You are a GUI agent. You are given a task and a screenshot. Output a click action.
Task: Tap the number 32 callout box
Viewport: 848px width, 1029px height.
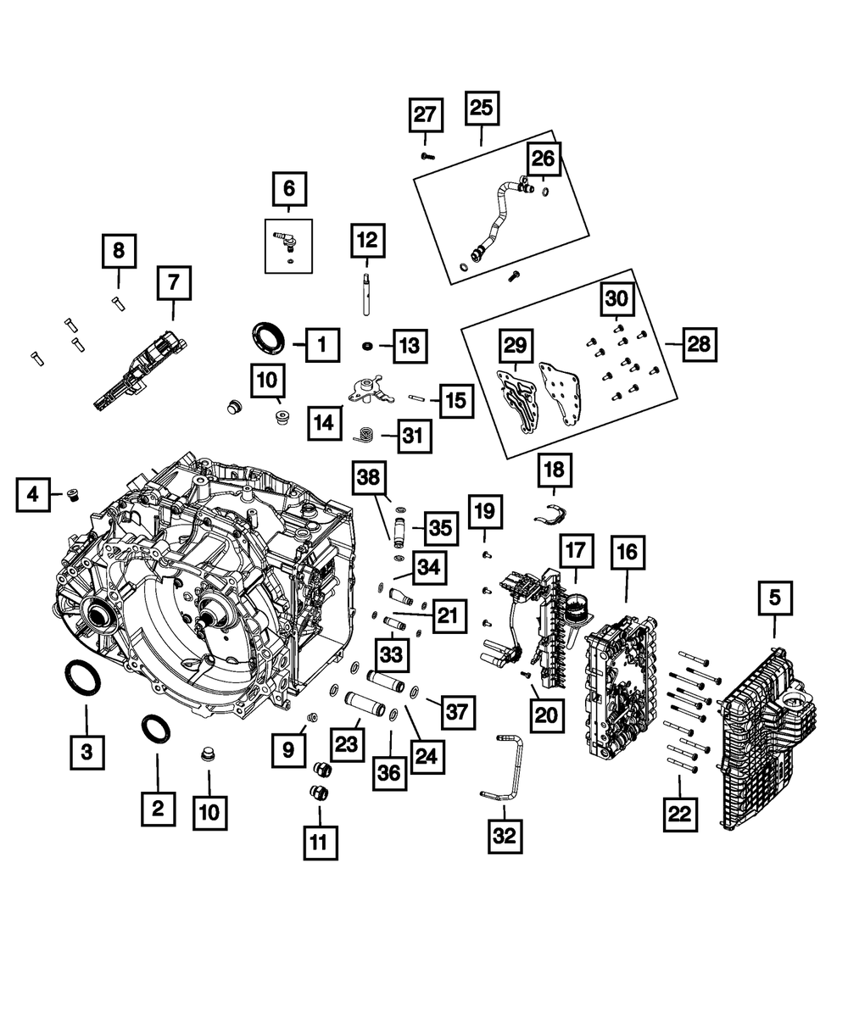click(x=505, y=836)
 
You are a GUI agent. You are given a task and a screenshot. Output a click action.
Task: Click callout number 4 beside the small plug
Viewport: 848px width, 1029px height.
click(x=32, y=494)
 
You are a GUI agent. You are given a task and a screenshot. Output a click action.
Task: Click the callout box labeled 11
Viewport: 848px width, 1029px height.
click(x=319, y=842)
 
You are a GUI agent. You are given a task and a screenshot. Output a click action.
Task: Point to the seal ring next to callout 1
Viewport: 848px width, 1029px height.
click(x=267, y=337)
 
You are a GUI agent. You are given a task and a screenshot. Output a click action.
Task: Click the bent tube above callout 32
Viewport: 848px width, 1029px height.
click(x=506, y=767)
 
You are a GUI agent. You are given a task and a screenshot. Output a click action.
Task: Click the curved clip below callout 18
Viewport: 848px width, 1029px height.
click(x=551, y=512)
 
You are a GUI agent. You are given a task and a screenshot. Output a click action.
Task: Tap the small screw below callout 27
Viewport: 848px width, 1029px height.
click(x=427, y=156)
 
